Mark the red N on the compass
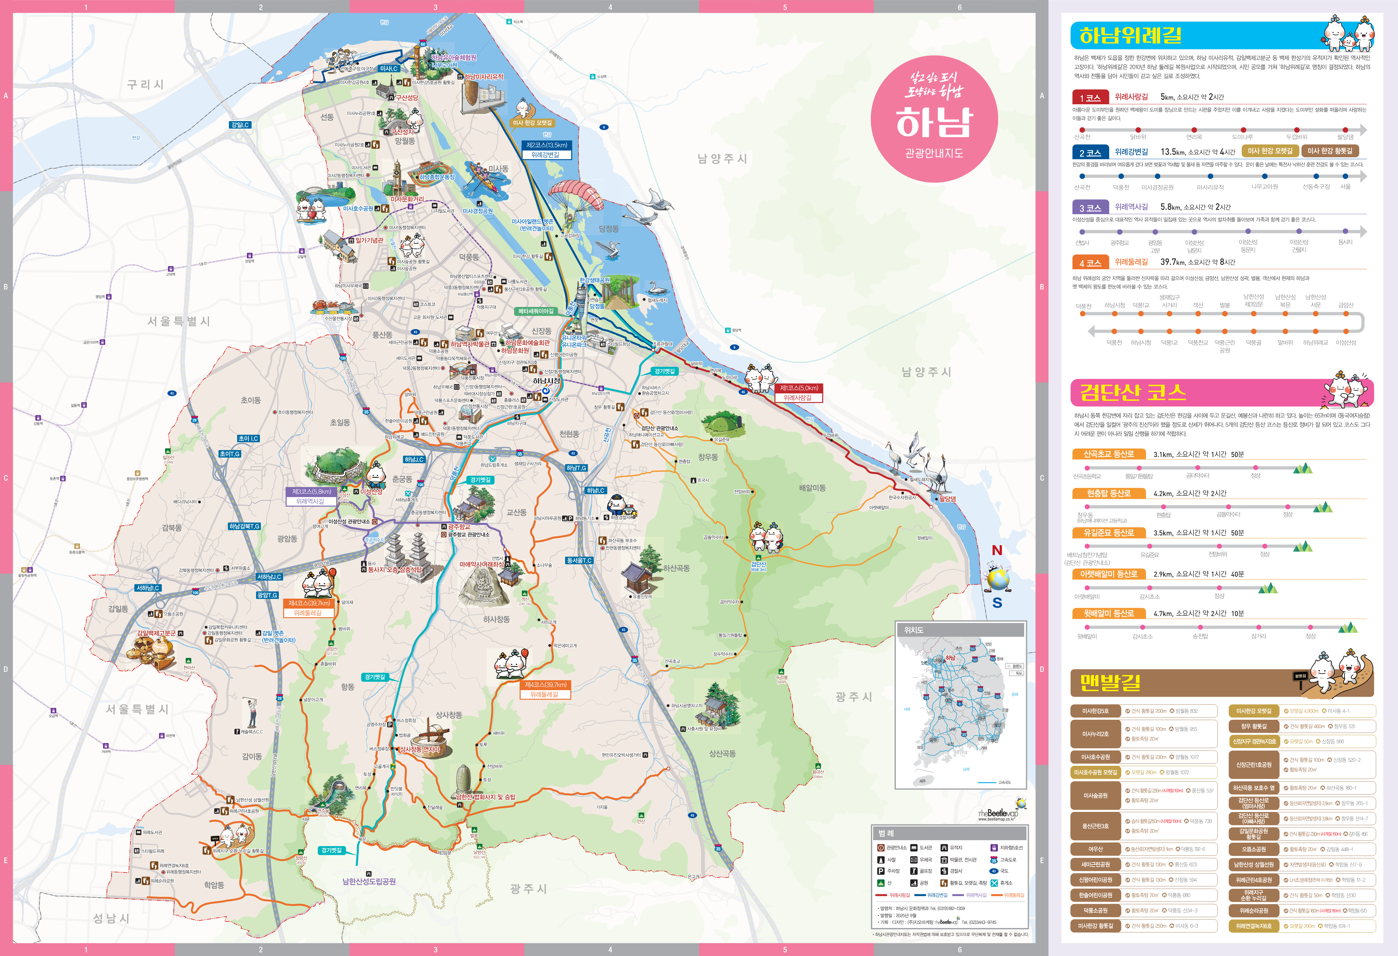point(997,550)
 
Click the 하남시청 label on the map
point(546,381)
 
